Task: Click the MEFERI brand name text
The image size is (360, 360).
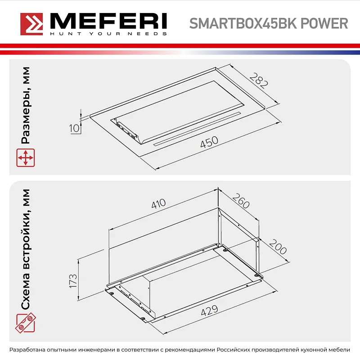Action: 108,21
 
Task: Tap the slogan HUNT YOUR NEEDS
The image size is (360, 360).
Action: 108,34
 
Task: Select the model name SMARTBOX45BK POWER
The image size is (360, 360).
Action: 268,23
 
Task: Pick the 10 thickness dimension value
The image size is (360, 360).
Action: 75,128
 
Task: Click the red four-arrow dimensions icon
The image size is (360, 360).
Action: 26,158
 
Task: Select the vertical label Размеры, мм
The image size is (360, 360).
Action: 26,106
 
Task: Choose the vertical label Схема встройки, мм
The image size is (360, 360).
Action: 26,249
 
